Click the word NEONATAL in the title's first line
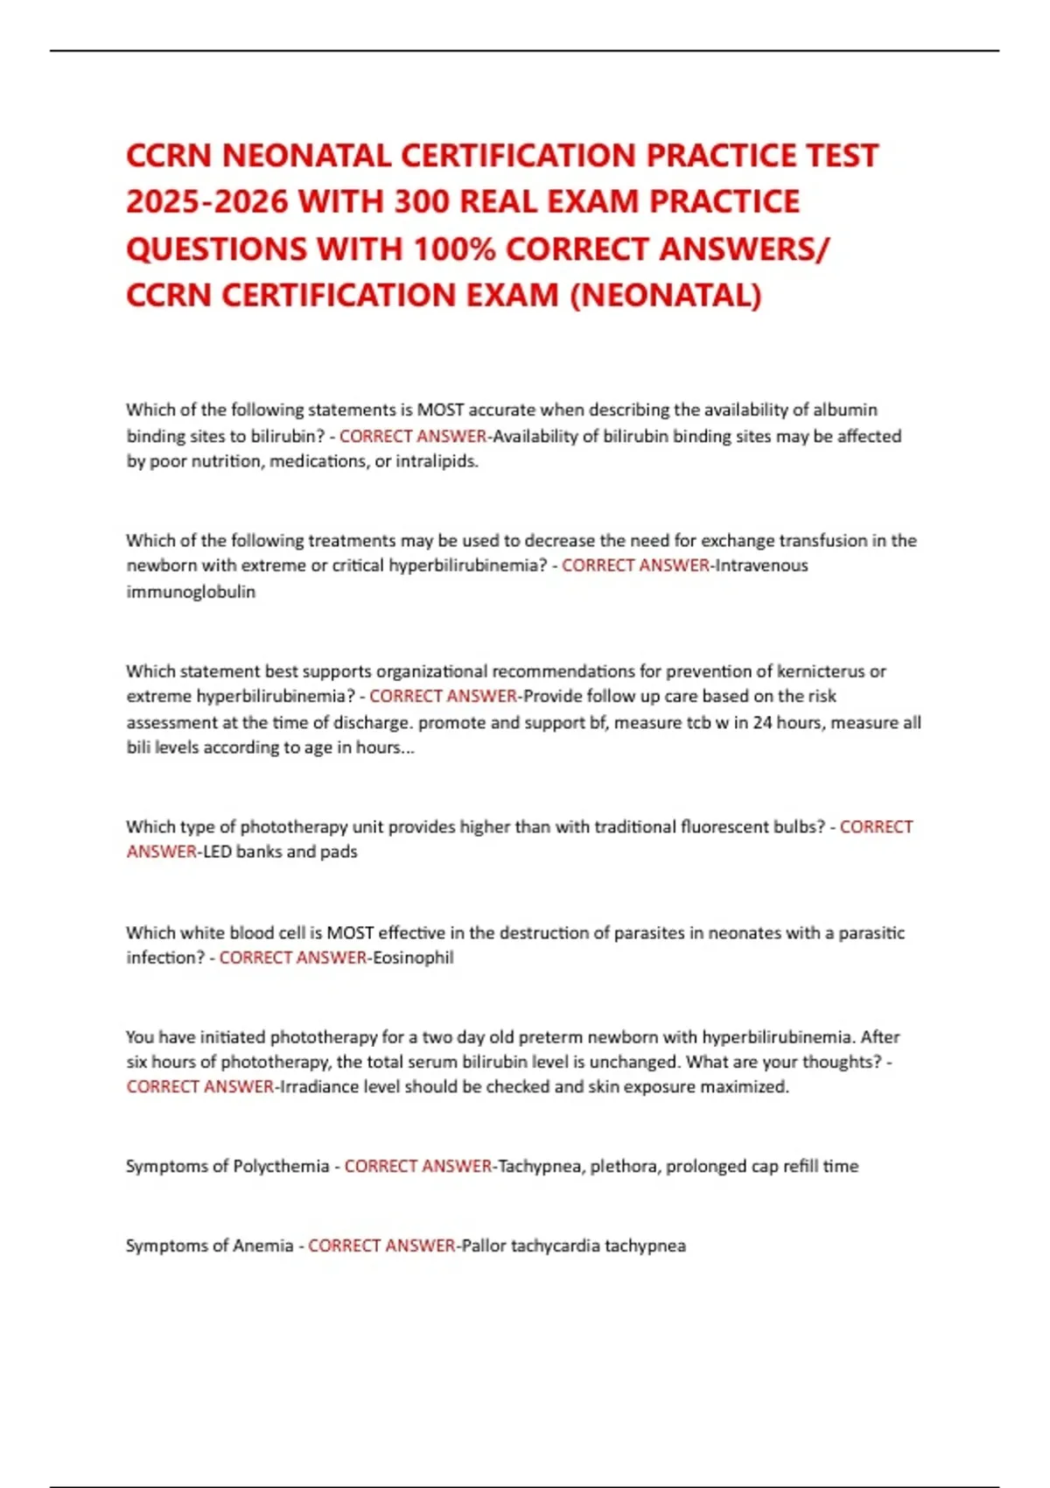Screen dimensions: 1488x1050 306,156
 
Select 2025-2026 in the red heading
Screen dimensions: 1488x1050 206,202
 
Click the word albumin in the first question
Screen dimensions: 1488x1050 845,410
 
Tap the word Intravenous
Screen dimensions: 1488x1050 761,565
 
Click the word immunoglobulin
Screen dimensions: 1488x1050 191,592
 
